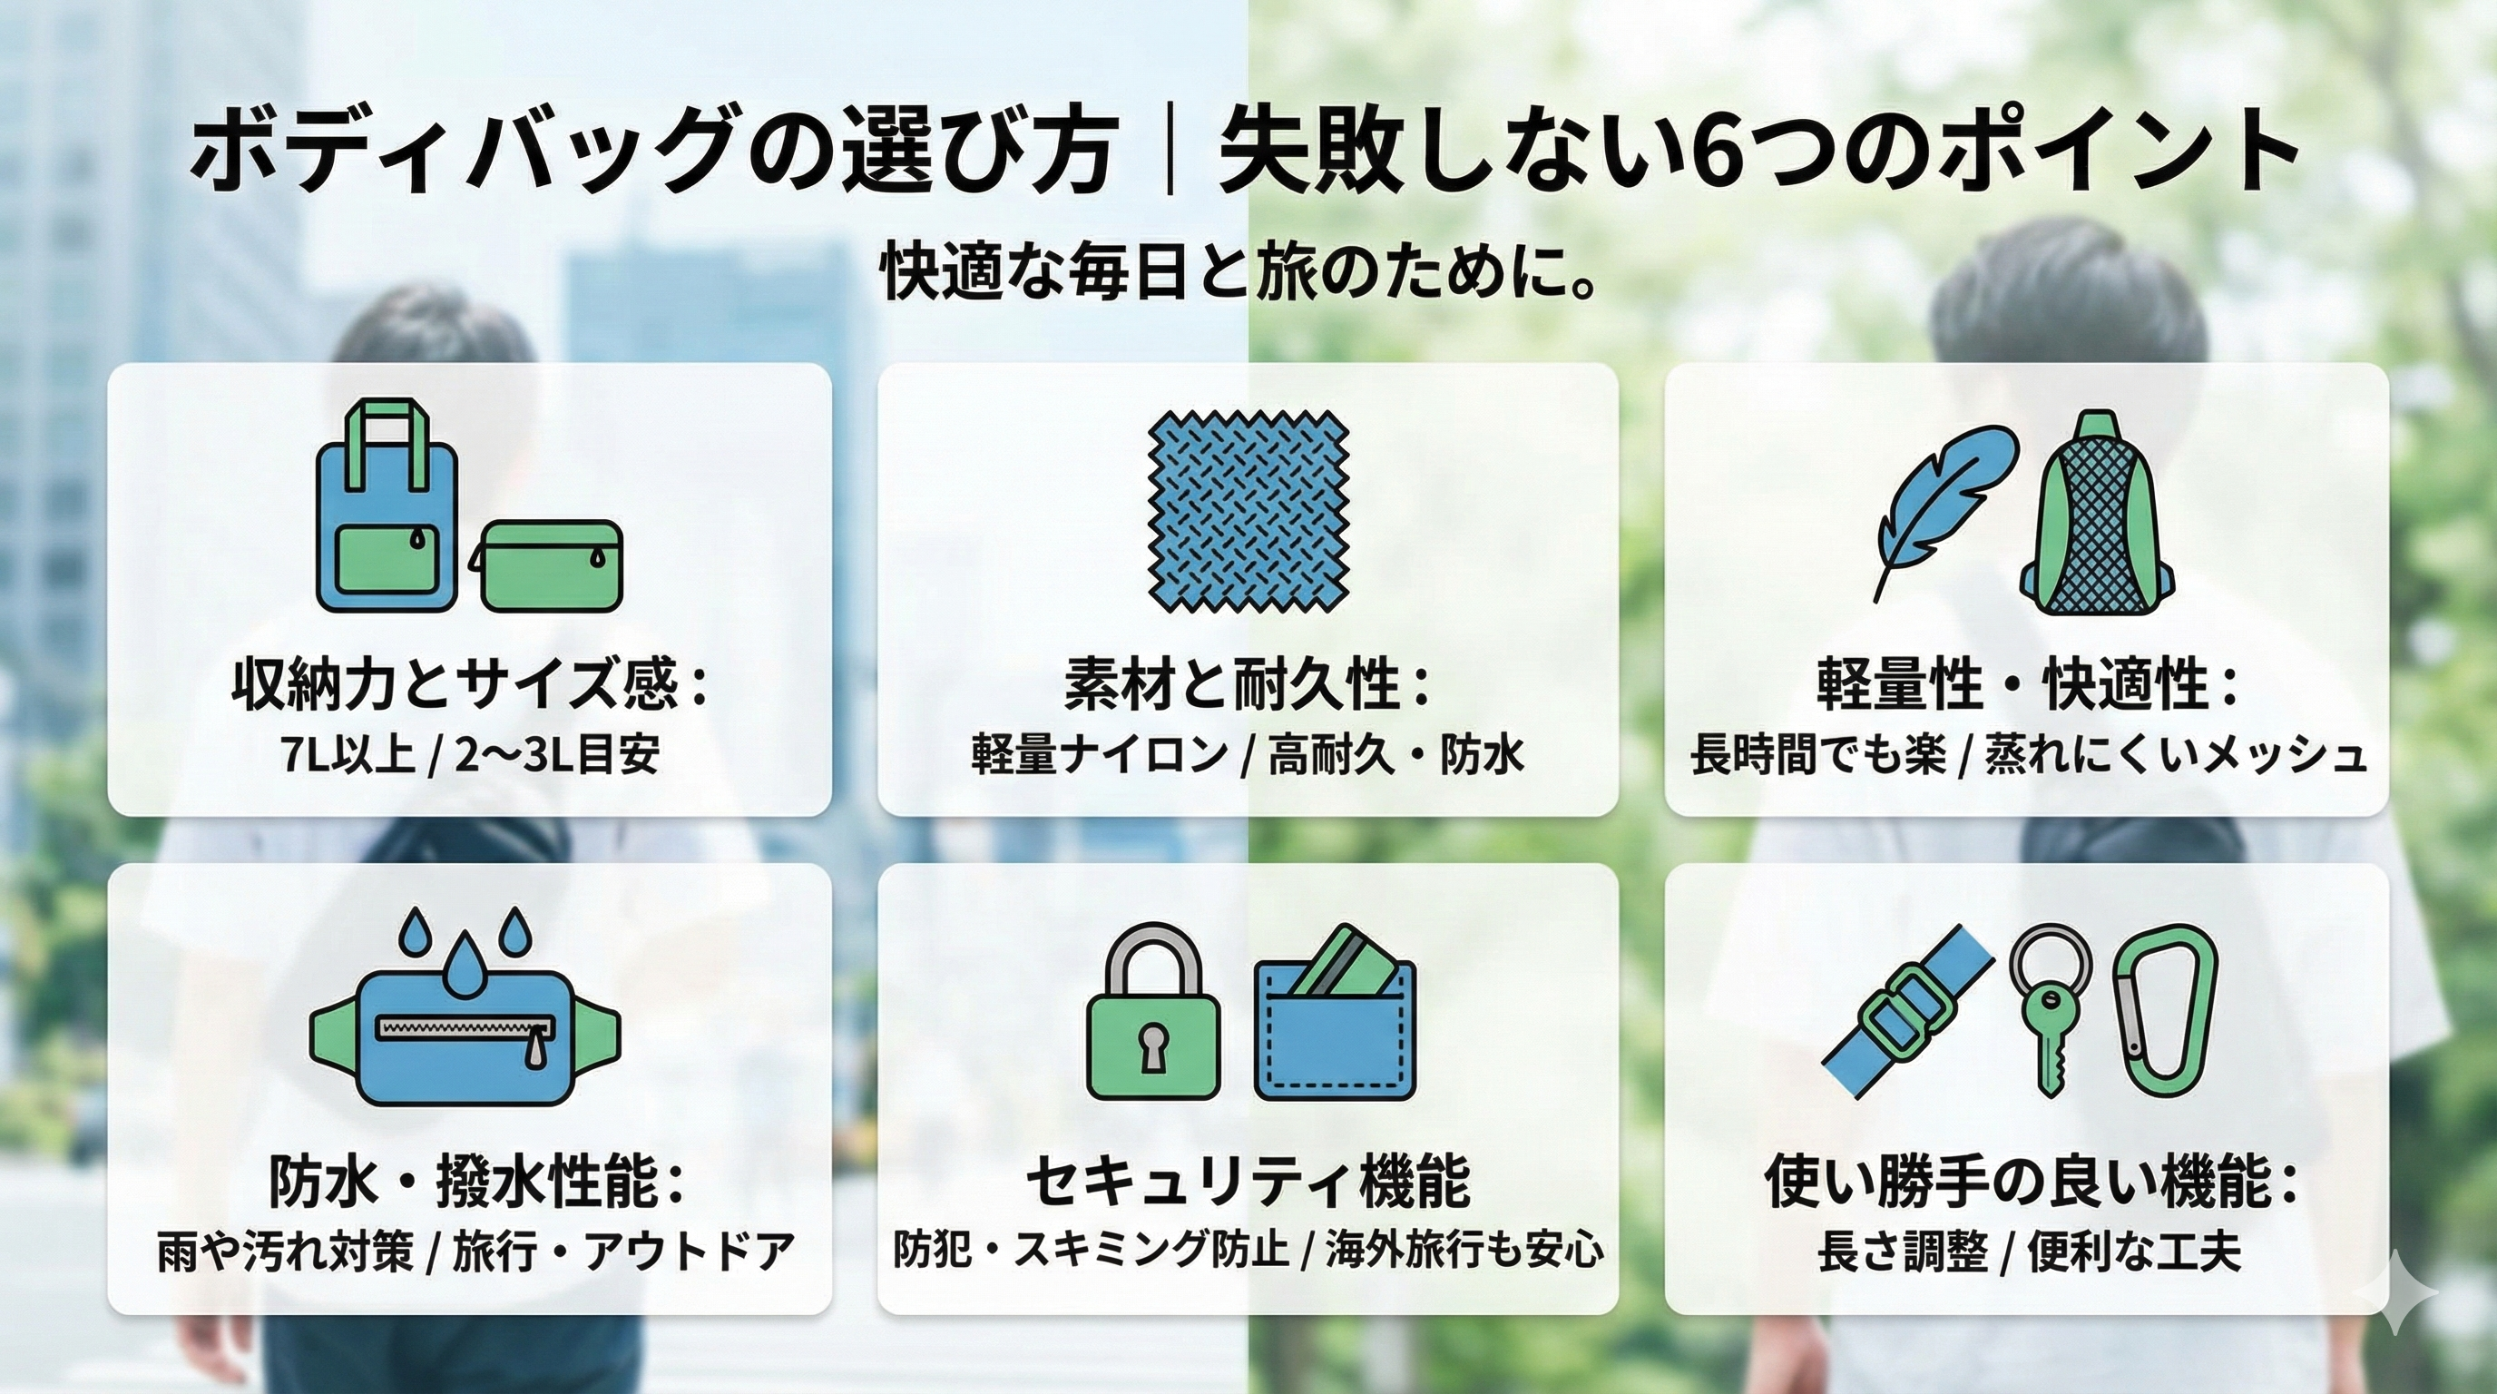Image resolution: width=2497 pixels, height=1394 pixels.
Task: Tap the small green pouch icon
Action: [x=548, y=566]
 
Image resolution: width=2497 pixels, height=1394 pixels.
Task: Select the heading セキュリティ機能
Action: [x=1248, y=1181]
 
